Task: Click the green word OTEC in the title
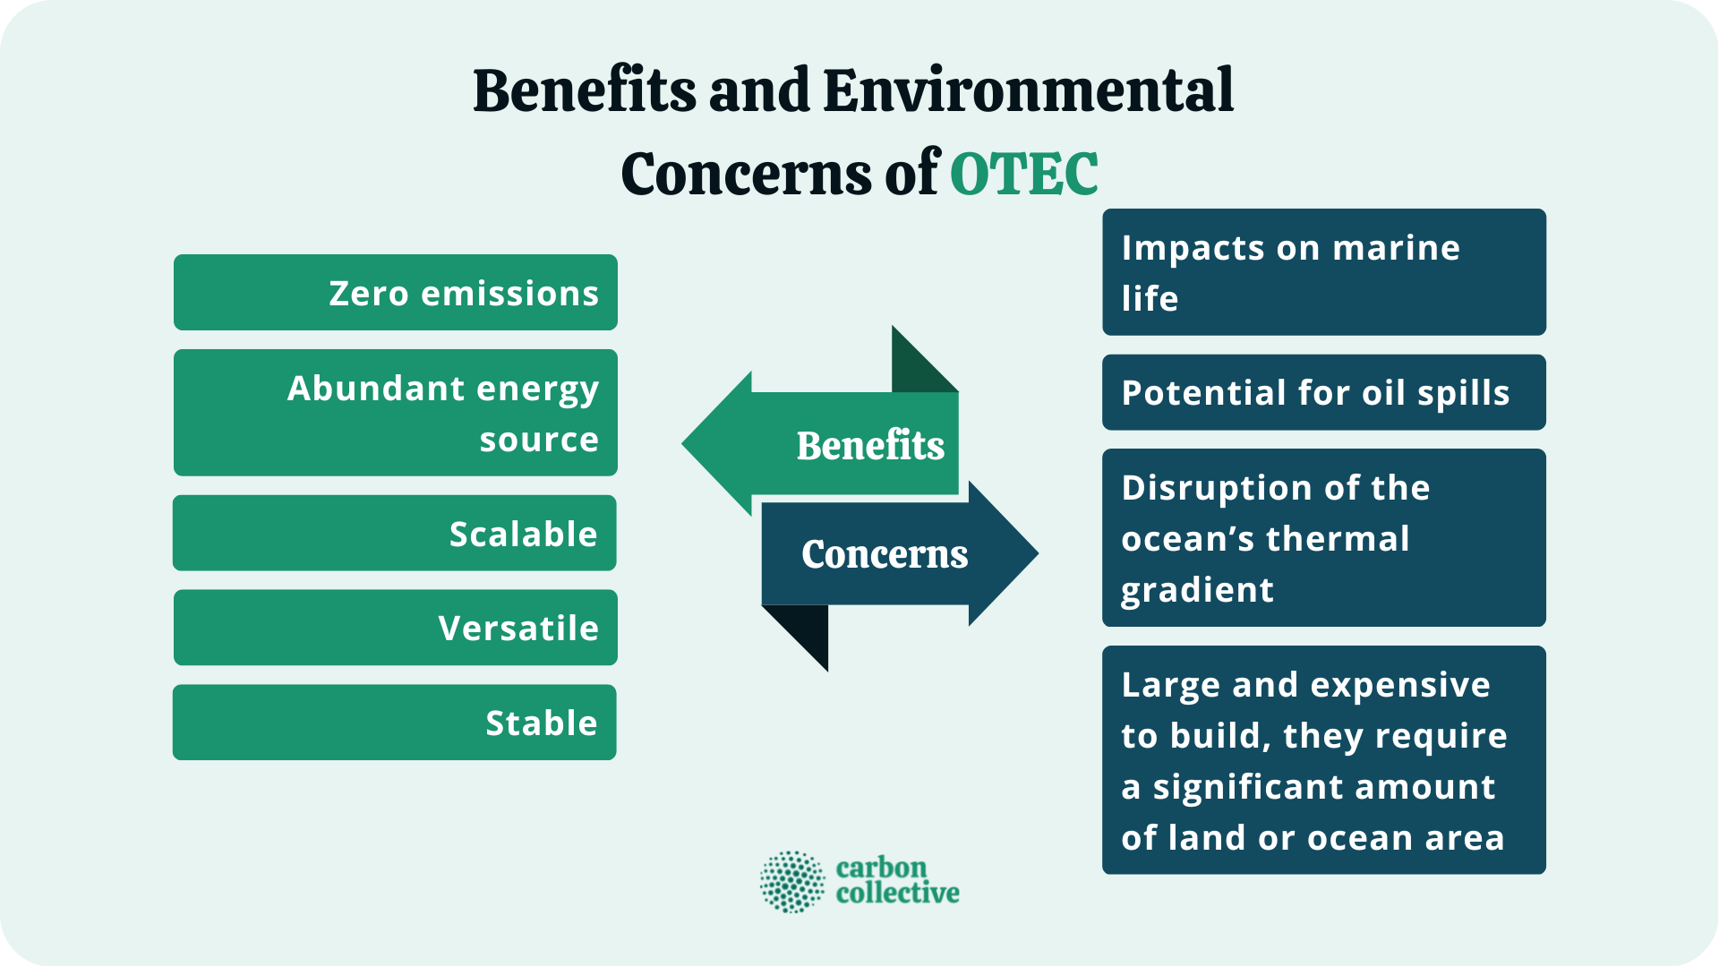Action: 1023,174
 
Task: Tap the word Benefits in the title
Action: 584,91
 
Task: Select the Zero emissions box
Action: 395,293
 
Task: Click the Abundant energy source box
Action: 395,413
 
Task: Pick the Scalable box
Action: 395,533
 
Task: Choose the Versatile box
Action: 395,628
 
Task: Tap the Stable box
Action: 395,723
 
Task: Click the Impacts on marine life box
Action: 1323,272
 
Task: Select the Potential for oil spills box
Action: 1323,392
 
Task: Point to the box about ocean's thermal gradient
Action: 1323,537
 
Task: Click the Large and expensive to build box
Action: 1323,760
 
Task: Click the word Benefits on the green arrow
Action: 870,445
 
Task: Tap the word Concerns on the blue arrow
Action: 885,554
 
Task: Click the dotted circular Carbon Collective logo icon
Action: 791,882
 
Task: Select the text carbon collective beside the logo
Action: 896,880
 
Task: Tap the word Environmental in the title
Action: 1028,91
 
